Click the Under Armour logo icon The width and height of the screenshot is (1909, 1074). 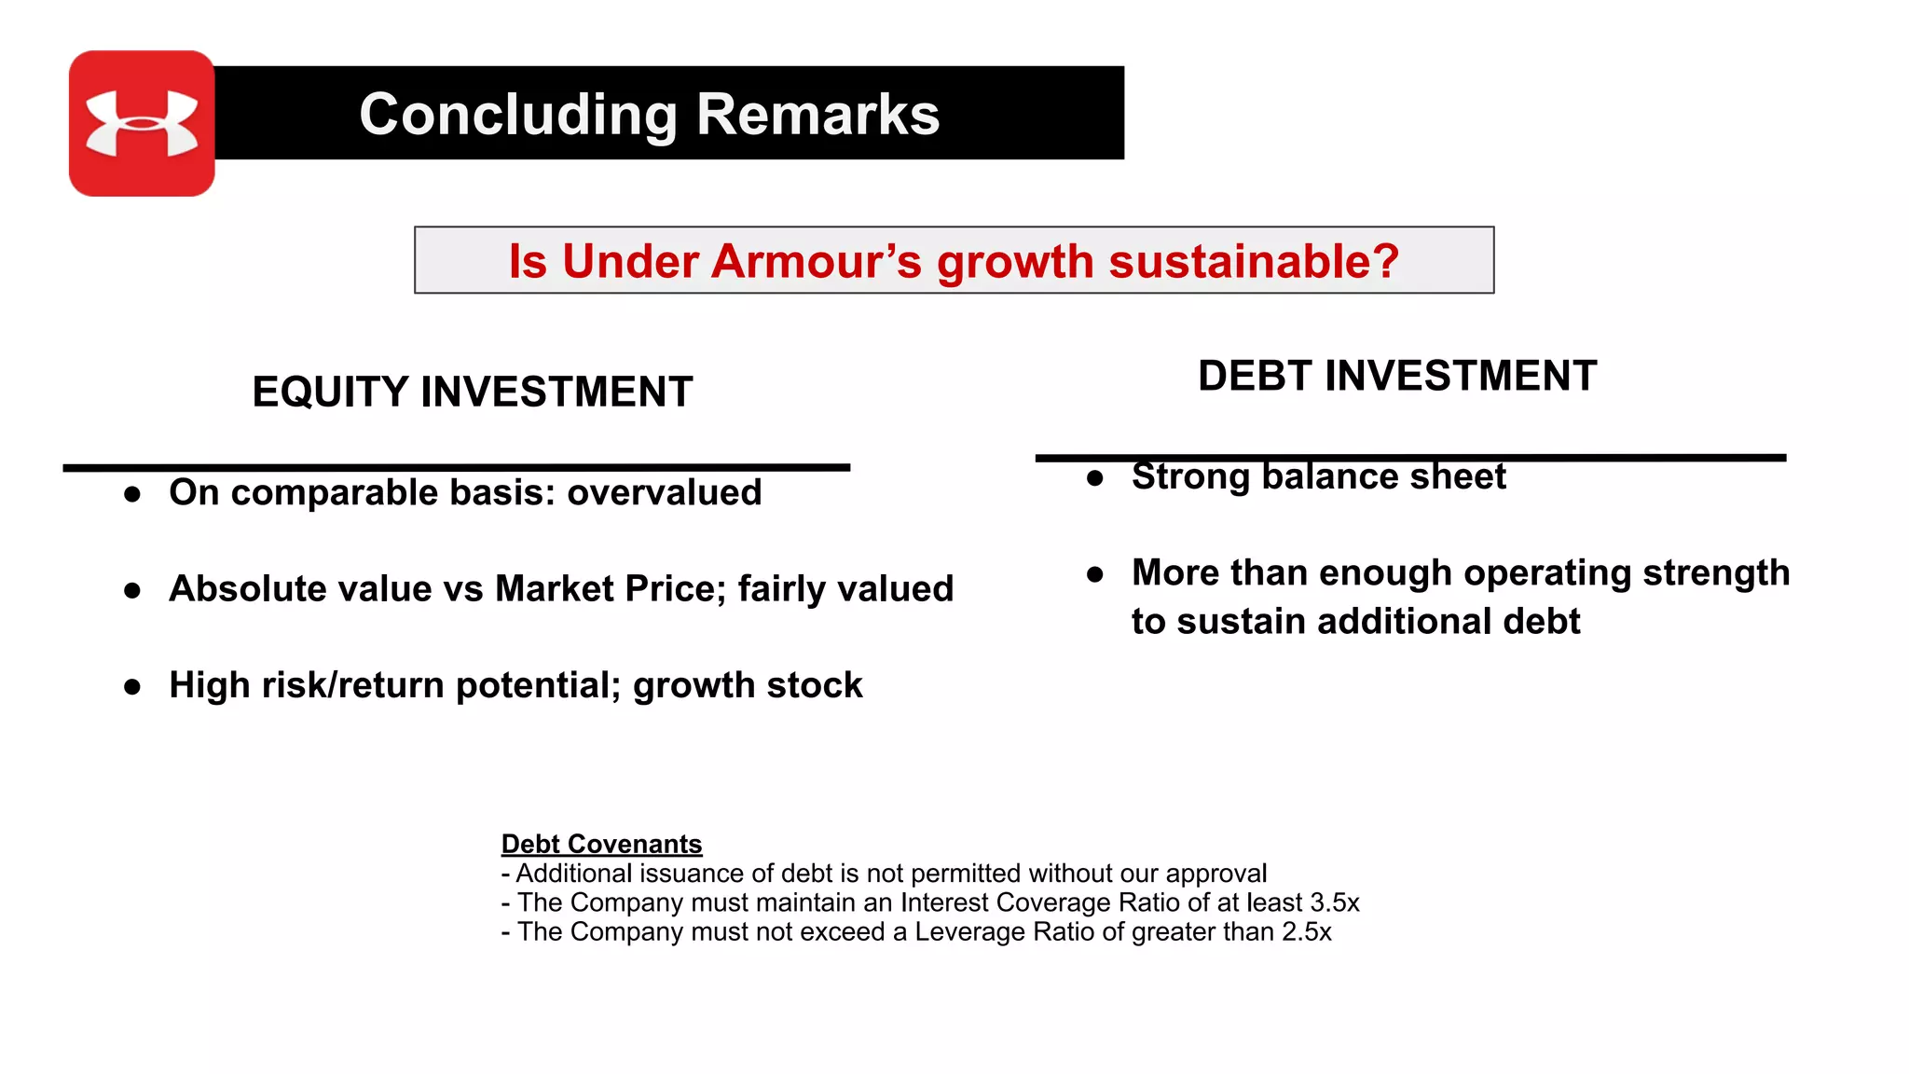142,123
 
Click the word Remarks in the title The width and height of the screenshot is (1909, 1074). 817,115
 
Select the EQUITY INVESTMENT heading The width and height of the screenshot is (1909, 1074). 473,392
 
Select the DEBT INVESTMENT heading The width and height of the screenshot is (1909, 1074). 1396,376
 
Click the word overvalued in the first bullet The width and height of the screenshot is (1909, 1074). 664,492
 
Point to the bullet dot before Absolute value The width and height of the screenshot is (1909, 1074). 132,590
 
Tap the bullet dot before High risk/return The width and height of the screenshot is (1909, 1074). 132,687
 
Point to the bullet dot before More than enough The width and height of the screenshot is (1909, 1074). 1095,574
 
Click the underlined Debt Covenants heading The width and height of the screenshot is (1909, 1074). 601,844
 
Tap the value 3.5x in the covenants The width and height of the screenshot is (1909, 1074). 1334,902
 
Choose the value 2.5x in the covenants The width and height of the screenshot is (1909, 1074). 1306,931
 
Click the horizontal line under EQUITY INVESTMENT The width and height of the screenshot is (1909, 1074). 456,467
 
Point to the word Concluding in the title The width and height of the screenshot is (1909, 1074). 518,115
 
